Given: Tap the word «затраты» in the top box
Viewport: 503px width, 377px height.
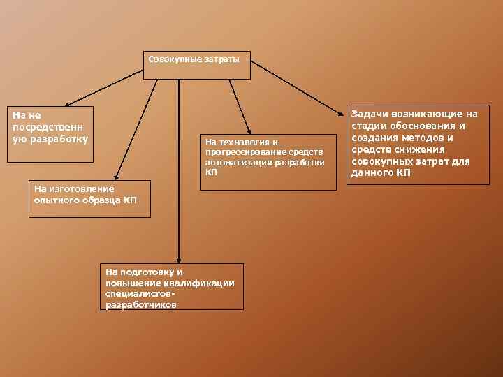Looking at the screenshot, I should coord(221,59).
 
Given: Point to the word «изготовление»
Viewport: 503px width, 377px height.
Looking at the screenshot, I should coord(81,187).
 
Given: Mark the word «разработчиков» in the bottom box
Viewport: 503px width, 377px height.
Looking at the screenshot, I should coord(140,305).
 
